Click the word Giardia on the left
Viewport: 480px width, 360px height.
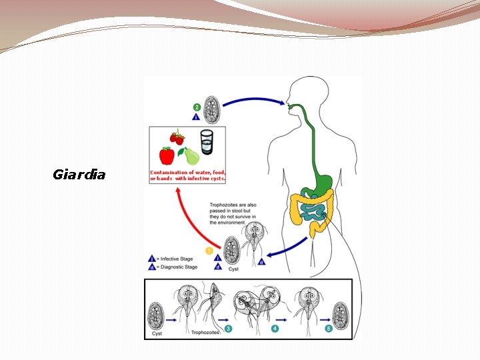79,175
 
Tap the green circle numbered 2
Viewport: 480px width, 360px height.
196,107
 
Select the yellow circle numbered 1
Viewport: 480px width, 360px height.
209,251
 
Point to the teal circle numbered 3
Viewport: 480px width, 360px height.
228,328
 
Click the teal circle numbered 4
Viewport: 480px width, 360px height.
275,328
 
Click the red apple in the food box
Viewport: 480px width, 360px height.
166,155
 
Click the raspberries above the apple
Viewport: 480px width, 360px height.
177,137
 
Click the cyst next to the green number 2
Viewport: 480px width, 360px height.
212,111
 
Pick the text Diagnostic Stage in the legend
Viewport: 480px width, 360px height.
179,267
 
